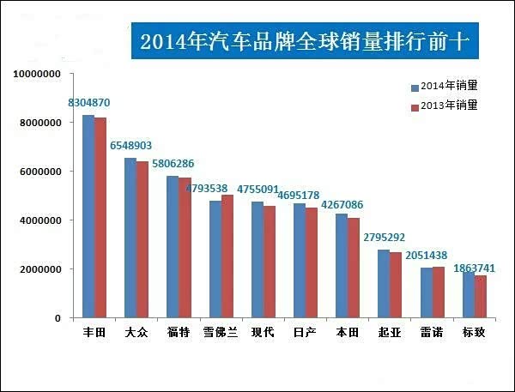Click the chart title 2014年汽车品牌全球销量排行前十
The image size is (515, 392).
306,41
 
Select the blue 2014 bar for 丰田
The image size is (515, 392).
88,216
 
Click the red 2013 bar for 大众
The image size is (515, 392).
142,239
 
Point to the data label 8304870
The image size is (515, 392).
89,103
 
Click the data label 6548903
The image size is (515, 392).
131,146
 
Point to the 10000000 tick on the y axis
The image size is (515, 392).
36,75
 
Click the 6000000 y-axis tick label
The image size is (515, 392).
39,172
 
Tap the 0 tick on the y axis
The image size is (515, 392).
57,318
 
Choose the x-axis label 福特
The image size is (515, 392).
179,332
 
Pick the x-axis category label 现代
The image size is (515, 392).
263,332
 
